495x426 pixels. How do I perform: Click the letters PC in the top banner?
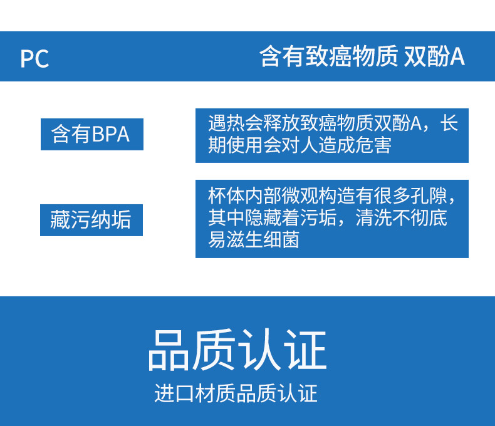pyautogui.click(x=34, y=59)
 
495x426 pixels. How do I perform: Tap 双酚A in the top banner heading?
pyautogui.click(x=434, y=57)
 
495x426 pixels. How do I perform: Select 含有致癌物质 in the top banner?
pyautogui.click(x=328, y=57)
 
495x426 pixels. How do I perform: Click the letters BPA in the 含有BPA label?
pyautogui.click(x=111, y=134)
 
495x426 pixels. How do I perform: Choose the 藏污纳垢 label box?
pyautogui.click(x=91, y=220)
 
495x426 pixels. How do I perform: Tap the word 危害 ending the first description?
pyautogui.click(x=373, y=145)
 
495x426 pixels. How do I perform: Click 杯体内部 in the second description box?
pyautogui.click(x=244, y=195)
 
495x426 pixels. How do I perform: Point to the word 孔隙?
pyautogui.click(x=429, y=195)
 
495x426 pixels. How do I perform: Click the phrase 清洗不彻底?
pyautogui.click(x=401, y=218)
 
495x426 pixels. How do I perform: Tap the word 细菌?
pyautogui.click(x=281, y=240)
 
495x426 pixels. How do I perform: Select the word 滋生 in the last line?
pyautogui.click(x=244, y=240)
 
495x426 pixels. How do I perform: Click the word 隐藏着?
pyautogui.click(x=272, y=218)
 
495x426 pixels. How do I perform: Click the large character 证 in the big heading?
pyautogui.click(x=305, y=350)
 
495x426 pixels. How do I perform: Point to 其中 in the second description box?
pyautogui.click(x=226, y=218)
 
